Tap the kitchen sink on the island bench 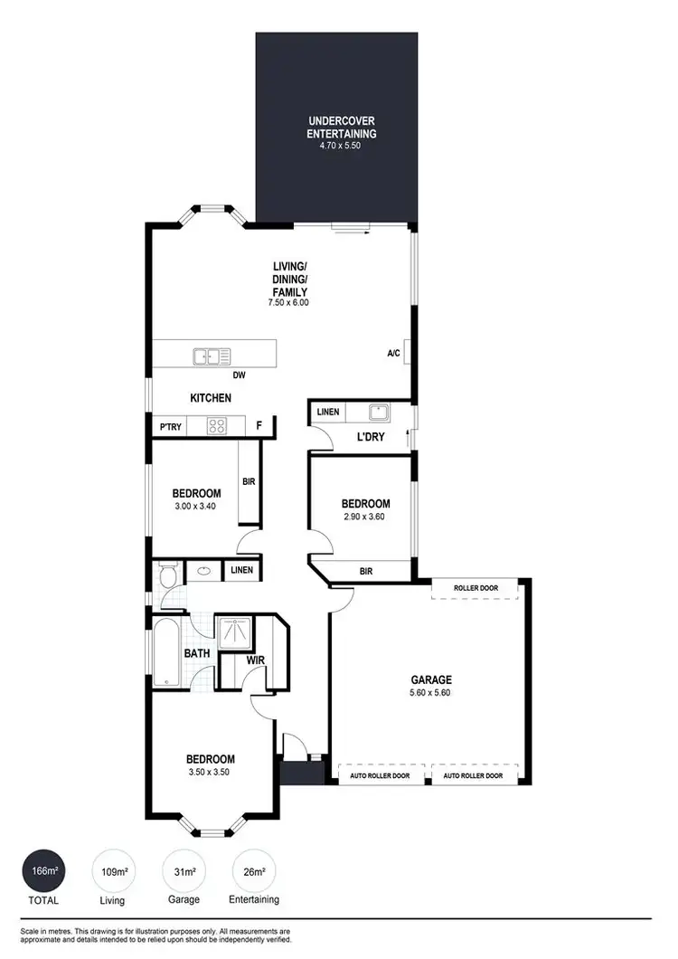212,356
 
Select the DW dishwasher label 240,375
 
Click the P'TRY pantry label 169,426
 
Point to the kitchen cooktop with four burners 217,425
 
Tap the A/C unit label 393,354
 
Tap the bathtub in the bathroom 167,651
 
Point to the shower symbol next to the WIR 234,631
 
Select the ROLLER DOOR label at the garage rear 476,588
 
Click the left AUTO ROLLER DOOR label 381,775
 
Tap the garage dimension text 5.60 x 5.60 430,693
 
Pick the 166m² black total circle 42,871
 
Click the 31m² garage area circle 184,871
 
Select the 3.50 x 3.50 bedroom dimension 210,773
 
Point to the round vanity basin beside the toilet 203,571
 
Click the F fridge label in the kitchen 259,425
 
